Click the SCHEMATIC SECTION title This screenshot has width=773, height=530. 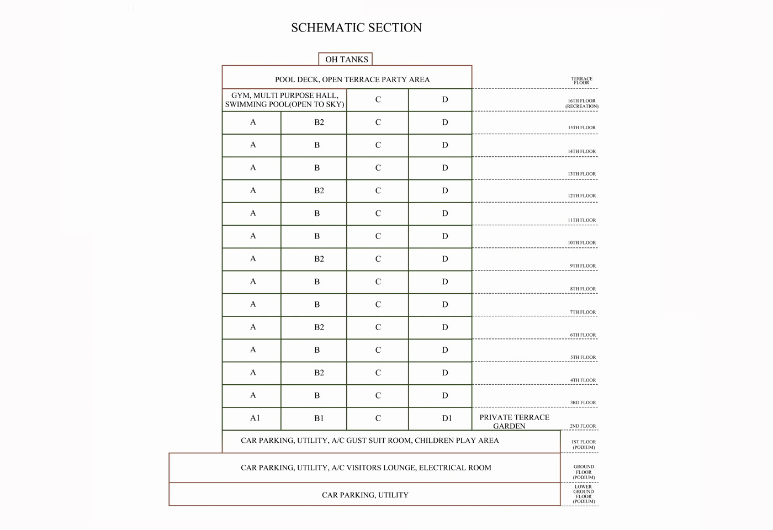356,28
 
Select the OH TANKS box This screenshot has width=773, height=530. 346,59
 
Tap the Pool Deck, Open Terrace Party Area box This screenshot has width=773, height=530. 352,79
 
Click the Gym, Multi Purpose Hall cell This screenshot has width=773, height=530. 284,100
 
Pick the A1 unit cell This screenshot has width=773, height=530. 255,418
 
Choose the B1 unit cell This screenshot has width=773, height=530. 319,418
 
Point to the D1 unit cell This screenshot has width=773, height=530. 446,418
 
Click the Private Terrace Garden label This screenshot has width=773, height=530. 514,421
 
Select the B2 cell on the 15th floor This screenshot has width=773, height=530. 319,122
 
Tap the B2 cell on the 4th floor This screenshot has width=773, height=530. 319,373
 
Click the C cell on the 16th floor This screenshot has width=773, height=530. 378,100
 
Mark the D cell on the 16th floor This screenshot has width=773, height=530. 444,100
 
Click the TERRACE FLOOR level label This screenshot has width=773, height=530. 581,81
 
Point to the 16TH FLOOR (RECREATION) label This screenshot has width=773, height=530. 581,103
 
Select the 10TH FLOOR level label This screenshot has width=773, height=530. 582,242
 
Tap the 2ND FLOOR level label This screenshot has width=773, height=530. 583,426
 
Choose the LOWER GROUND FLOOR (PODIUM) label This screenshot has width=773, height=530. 583,494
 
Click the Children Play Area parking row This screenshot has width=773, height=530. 369,441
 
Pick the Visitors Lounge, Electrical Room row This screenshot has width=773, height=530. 366,468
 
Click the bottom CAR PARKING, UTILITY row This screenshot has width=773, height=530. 365,495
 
